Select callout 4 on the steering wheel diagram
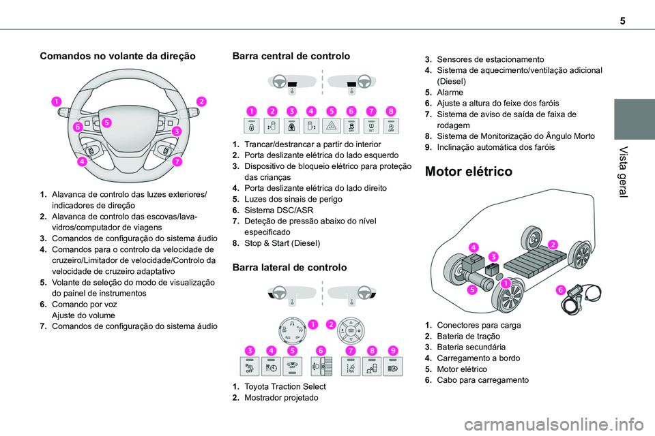coord(82,161)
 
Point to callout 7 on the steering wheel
coord(177,161)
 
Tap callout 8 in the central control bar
coord(390,110)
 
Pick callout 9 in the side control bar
coord(393,350)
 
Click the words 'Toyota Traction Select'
coord(280,386)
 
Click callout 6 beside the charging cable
coord(561,289)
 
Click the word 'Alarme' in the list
coord(450,92)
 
